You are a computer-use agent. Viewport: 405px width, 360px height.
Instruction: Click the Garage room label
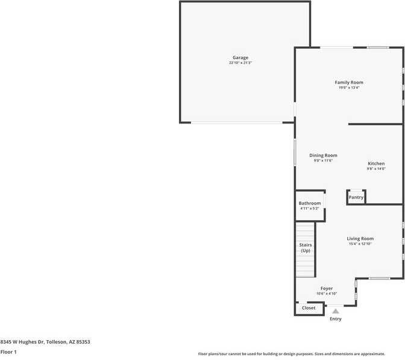240,58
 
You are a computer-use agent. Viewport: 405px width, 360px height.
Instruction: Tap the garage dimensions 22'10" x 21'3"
240,63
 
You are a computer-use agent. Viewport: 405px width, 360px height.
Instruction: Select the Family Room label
349,82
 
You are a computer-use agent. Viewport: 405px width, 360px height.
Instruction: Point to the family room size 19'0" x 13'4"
349,88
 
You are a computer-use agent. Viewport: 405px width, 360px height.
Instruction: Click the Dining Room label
323,155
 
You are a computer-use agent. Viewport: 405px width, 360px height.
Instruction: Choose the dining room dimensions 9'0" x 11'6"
323,161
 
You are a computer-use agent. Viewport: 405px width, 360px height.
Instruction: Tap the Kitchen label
376,164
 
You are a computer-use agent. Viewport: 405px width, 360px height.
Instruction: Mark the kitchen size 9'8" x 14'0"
376,169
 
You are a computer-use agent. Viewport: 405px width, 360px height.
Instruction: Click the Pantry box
356,197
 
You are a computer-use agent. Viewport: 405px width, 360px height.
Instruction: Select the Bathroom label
310,203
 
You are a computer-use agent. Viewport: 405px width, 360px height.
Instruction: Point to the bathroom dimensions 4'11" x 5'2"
310,209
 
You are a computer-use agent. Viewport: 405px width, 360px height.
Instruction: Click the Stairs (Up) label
306,247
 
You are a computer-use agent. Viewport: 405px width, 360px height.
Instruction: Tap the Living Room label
360,238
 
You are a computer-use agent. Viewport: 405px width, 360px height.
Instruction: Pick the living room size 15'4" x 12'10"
360,244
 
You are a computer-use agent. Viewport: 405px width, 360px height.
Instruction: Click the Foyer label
327,288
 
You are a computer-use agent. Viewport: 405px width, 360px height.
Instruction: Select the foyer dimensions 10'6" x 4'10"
327,294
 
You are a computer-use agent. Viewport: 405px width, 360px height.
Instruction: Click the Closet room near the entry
309,308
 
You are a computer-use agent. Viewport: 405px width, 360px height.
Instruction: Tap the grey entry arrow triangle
336,311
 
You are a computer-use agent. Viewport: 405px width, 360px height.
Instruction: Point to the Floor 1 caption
8,352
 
